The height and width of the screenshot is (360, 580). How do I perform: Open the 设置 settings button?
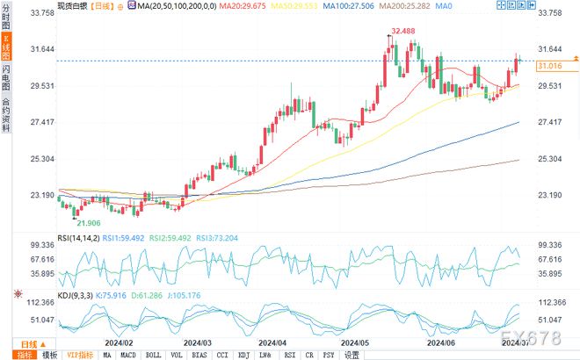point(352,355)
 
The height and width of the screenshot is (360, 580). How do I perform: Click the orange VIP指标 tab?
point(79,355)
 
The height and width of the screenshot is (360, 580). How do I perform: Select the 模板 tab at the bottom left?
point(49,355)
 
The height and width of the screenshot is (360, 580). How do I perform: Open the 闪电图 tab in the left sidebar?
point(6,76)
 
